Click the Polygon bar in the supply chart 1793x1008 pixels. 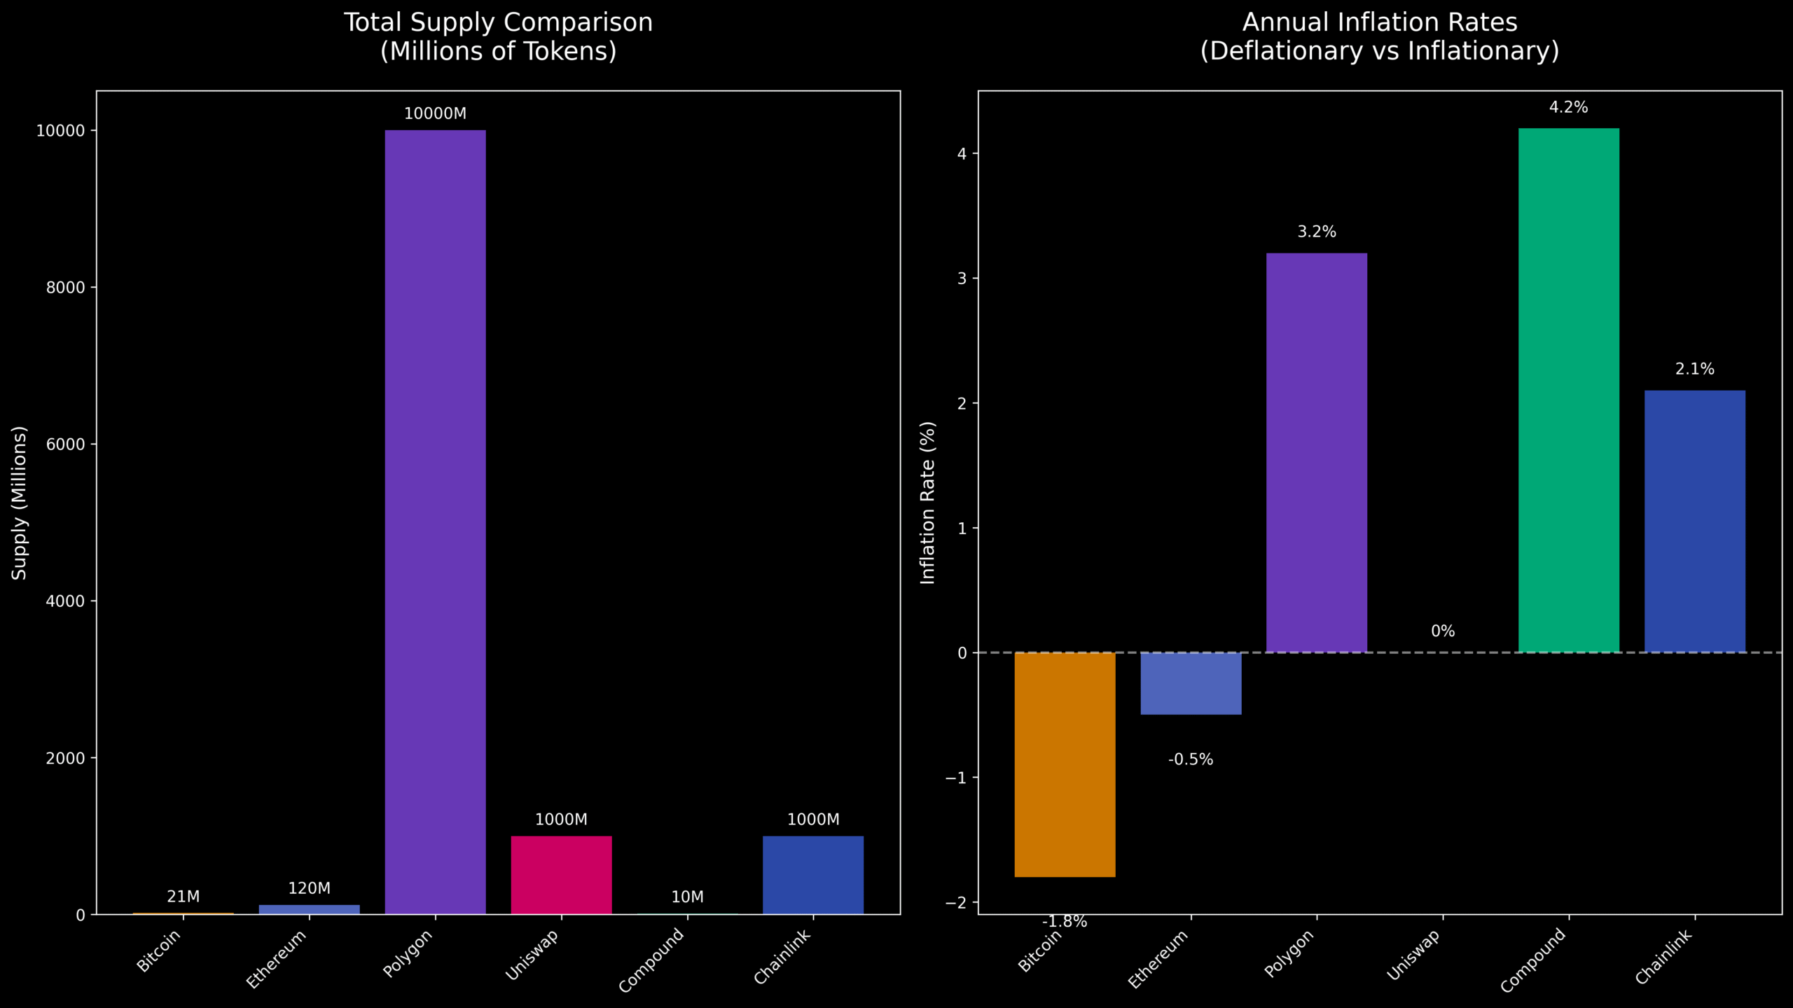(435, 521)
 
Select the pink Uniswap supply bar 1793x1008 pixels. (561, 874)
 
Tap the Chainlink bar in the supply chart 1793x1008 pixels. (812, 874)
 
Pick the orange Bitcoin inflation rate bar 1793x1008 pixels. (1065, 764)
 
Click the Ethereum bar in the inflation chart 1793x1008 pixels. (1191, 683)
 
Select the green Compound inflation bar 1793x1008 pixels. (1568, 390)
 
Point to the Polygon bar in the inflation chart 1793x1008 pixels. (1317, 452)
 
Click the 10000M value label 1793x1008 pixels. (435, 113)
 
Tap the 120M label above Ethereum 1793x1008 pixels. (309, 888)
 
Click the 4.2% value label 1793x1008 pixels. (1568, 107)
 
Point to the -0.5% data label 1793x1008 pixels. (1191, 759)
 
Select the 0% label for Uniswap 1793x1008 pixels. (1443, 631)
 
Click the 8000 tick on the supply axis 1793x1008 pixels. (66, 288)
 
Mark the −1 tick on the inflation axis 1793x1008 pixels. (955, 778)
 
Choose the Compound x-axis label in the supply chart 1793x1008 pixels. (651, 960)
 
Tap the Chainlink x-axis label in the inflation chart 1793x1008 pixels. (1663, 956)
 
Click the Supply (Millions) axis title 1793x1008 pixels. (19, 503)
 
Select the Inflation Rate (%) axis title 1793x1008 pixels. (927, 503)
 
